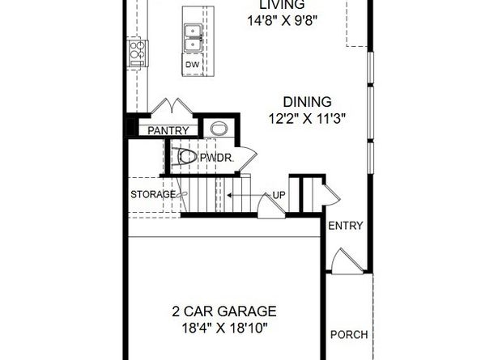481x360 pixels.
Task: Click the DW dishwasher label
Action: click(x=193, y=65)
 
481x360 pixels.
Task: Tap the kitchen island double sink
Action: click(x=193, y=38)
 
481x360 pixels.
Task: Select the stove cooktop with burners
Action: click(x=138, y=53)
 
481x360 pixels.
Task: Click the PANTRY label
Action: click(x=168, y=130)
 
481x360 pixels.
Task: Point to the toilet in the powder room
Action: click(x=184, y=157)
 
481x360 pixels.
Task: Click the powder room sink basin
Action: click(x=219, y=128)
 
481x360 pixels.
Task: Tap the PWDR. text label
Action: click(x=217, y=158)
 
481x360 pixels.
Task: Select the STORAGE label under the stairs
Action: click(x=153, y=194)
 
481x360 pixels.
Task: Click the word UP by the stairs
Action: click(x=279, y=195)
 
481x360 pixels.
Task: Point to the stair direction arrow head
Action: click(x=229, y=195)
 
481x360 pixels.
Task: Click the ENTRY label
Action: click(x=346, y=226)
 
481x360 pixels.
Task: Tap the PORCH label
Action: click(x=349, y=335)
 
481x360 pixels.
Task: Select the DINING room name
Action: click(x=307, y=102)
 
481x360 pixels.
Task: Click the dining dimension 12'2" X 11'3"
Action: click(x=307, y=118)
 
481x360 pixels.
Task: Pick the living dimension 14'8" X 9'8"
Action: click(x=282, y=21)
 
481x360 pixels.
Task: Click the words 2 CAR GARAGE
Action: click(x=224, y=311)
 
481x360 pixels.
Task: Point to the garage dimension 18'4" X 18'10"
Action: click(x=224, y=328)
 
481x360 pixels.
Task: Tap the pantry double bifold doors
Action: click(x=172, y=106)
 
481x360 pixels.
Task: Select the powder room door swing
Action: click(x=247, y=159)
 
